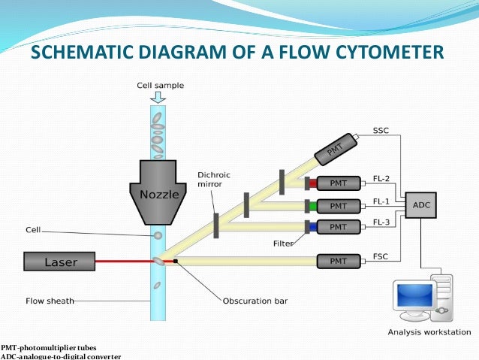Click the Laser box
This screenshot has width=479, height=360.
tap(60, 262)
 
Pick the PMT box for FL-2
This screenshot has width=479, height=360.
tap(339, 183)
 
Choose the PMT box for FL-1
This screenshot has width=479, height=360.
tap(339, 205)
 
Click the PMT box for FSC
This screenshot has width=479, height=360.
tap(339, 261)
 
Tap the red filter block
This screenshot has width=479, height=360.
tap(310, 183)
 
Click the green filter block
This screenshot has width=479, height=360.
tap(310, 205)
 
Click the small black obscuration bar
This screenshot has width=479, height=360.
tap(176, 261)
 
